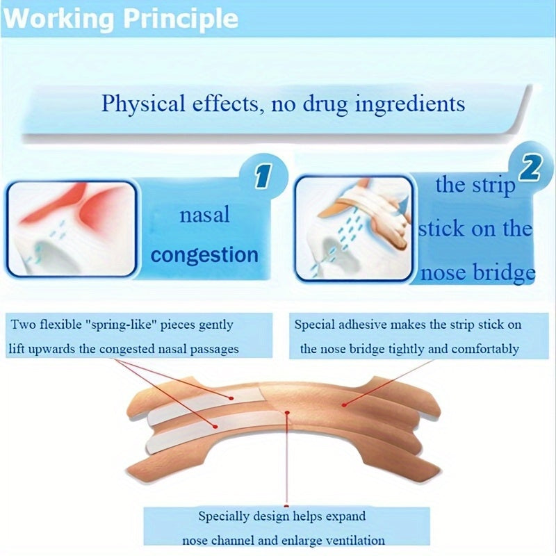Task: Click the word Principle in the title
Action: pos(181,19)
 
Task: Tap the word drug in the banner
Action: pos(325,104)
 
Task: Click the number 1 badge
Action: pos(263,176)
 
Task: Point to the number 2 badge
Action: pos(530,168)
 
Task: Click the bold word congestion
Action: pos(204,255)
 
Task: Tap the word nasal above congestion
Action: pos(204,215)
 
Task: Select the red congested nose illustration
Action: pos(72,229)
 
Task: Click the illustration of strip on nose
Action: pos(354,229)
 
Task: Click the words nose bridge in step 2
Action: pos(477,273)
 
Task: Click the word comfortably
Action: pos(485,350)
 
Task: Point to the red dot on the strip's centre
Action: pos(287,413)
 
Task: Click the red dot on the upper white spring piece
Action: pos(231,398)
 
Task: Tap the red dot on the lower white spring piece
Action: pos(214,425)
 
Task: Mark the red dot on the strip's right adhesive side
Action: pos(343,404)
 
